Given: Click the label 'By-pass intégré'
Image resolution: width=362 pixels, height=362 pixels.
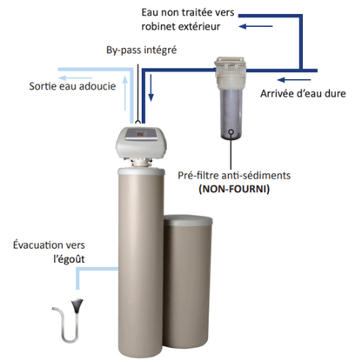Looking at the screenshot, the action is pyautogui.click(x=141, y=50).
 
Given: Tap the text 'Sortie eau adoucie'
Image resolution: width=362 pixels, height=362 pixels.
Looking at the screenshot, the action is pyautogui.click(x=72, y=86).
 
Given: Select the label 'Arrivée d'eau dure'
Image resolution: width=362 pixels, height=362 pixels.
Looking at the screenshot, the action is pyautogui.click(x=303, y=93).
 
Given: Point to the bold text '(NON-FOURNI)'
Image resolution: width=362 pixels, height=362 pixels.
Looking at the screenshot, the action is pyautogui.click(x=234, y=189).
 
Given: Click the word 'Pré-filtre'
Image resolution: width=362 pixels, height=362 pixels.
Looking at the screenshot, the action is pyautogui.click(x=198, y=175).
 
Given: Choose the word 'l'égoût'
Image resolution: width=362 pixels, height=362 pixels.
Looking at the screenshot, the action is pyautogui.click(x=69, y=259).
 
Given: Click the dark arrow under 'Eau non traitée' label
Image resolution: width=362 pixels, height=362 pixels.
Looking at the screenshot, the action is pyautogui.click(x=256, y=26).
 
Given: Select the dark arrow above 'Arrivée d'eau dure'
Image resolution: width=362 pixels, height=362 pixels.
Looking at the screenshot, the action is pyautogui.click(x=294, y=80).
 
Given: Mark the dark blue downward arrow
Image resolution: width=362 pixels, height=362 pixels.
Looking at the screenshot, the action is pyautogui.click(x=151, y=88).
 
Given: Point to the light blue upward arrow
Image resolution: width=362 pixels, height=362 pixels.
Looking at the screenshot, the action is pyautogui.click(x=125, y=93).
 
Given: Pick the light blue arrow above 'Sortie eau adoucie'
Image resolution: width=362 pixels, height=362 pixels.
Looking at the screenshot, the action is pyautogui.click(x=75, y=78).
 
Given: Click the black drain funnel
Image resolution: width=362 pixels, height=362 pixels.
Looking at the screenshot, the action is pyautogui.click(x=77, y=305).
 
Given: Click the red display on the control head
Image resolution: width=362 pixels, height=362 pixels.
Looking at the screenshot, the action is pyautogui.click(x=140, y=134).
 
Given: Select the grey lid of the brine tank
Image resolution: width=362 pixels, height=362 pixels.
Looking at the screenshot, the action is pyautogui.click(x=188, y=220).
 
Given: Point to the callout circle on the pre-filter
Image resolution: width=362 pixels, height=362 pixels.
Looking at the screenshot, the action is pyautogui.click(x=231, y=131).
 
